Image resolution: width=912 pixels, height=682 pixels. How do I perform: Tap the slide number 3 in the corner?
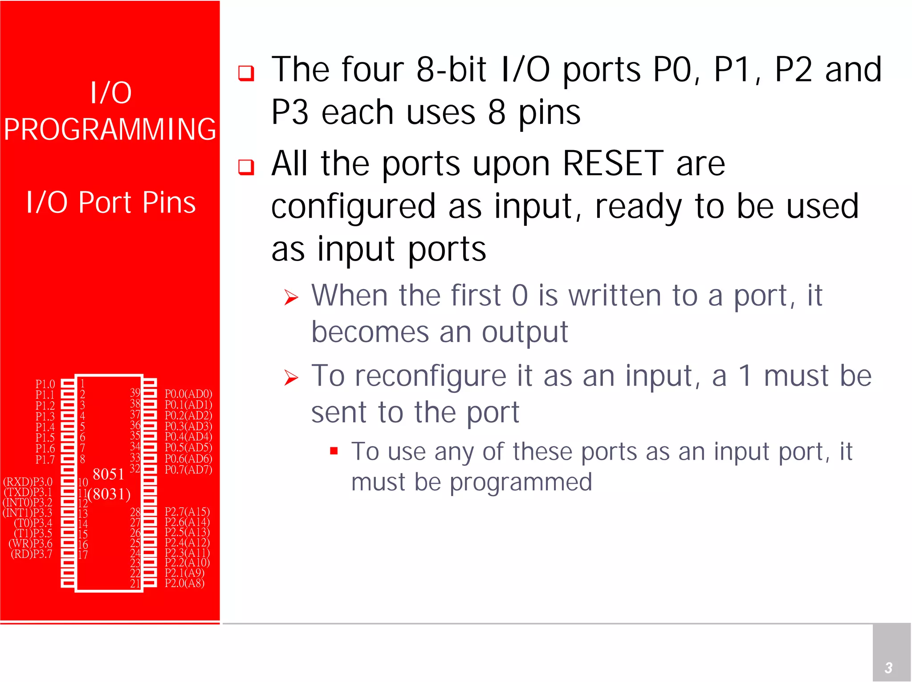[x=888, y=668]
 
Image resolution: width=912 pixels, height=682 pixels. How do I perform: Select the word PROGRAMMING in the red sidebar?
[x=110, y=130]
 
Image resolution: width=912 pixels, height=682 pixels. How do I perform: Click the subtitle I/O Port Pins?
[x=111, y=203]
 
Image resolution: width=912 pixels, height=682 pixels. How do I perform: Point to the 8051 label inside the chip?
[x=108, y=474]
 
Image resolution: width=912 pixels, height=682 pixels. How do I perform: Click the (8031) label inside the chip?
[x=109, y=494]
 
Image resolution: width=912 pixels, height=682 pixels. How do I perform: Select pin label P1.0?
[x=45, y=384]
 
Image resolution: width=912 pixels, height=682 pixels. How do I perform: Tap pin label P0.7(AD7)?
[x=188, y=470]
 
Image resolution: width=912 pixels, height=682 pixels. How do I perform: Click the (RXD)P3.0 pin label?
[x=28, y=482]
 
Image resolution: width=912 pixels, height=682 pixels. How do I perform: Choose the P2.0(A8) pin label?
[x=184, y=583]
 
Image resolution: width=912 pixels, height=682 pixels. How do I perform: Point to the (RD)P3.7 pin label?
[x=31, y=554]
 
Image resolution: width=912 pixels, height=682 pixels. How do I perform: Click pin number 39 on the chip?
[x=135, y=392]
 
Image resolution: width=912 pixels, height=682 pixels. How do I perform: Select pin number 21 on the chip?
[x=135, y=584]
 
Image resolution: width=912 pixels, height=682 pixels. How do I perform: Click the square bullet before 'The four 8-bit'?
[x=246, y=73]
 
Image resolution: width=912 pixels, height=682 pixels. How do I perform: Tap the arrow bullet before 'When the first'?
[x=291, y=297]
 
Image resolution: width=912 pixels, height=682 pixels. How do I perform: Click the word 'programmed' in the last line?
[x=521, y=482]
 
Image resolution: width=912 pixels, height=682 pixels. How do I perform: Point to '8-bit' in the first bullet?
[x=451, y=70]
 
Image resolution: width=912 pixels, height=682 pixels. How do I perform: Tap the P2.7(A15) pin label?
[x=187, y=512]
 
